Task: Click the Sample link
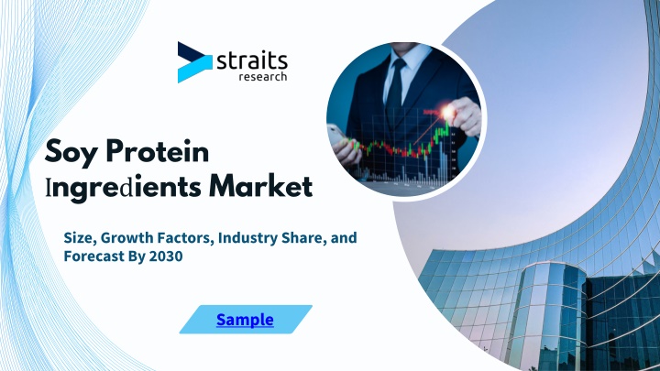pos(245,320)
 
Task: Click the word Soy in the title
pos(71,153)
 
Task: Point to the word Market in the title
pos(261,185)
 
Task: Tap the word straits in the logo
pos(252,61)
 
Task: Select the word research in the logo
pos(263,77)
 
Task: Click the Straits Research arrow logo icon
pos(194,62)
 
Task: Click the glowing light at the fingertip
pos(448,112)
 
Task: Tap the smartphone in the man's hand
pos(335,136)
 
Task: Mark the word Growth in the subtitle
pos(127,237)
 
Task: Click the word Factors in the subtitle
pos(185,238)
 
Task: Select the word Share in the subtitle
pos(304,238)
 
